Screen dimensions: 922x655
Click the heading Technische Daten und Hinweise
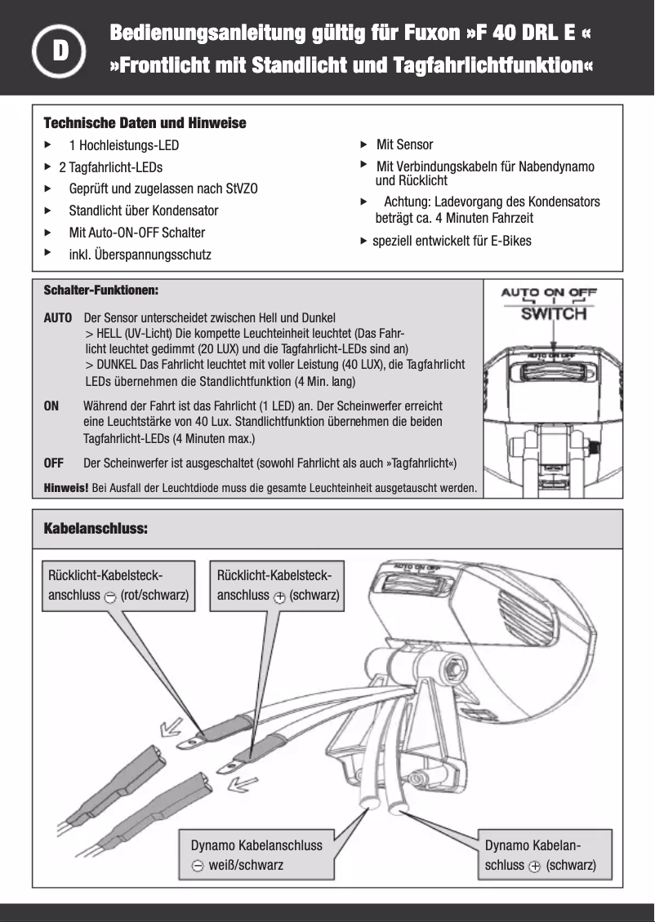[144, 123]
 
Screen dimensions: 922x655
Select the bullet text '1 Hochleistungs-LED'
[123, 146]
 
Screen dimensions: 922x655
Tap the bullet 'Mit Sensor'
[404, 145]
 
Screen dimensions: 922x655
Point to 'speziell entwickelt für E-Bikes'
[451, 241]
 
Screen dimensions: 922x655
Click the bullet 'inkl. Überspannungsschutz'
[140, 255]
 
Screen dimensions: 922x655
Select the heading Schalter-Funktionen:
[100, 290]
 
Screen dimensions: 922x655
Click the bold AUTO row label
[57, 317]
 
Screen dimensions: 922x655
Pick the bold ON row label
[51, 406]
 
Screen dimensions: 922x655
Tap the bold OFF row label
[53, 463]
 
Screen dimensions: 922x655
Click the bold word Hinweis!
[65, 489]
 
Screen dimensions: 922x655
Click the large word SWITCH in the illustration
[554, 313]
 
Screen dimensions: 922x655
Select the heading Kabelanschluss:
[95, 529]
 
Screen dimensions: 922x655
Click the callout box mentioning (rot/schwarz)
[119, 585]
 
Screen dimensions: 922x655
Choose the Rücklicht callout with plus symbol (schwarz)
[278, 585]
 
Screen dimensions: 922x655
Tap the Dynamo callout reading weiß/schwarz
[256, 854]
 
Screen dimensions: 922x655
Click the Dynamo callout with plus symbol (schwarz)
[540, 854]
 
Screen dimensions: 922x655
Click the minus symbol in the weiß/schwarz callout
[198, 866]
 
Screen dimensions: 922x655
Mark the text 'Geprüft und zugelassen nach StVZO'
[163, 188]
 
